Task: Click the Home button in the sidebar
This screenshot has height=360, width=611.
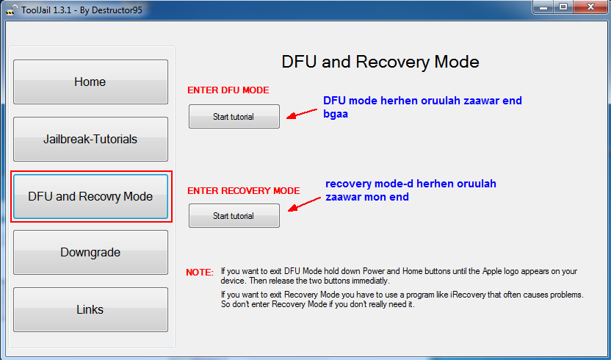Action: coord(90,82)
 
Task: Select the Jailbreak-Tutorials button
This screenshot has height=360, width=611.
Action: coord(90,139)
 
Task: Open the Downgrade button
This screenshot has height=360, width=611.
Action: coord(90,252)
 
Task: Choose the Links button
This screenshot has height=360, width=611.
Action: coord(90,309)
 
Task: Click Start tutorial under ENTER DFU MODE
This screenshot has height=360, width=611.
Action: coord(234,117)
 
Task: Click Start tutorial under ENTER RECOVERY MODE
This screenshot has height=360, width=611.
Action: coord(234,216)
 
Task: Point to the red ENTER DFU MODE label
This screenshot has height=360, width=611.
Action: coord(228,90)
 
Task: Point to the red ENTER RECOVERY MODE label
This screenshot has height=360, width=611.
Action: coord(243,190)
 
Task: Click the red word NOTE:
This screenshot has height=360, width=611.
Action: coord(200,272)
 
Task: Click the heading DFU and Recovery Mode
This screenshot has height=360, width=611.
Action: coord(380,62)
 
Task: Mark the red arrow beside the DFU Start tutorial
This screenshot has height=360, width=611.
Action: coord(300,115)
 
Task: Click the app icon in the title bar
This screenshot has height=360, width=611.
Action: coord(11,8)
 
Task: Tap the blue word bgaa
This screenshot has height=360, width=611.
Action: coord(336,114)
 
